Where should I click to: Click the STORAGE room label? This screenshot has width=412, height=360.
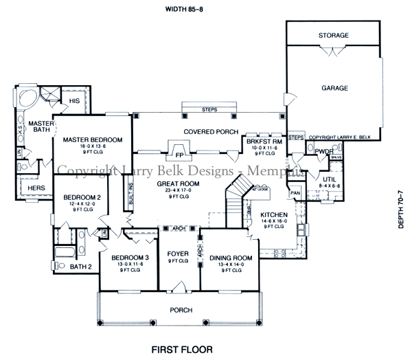(334, 35)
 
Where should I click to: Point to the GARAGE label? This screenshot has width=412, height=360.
(334, 88)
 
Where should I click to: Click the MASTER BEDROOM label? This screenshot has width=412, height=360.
(92, 140)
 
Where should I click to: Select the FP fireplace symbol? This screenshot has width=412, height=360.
(180, 155)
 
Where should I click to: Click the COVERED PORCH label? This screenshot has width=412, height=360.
(210, 132)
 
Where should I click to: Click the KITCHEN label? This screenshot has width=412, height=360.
(274, 215)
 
